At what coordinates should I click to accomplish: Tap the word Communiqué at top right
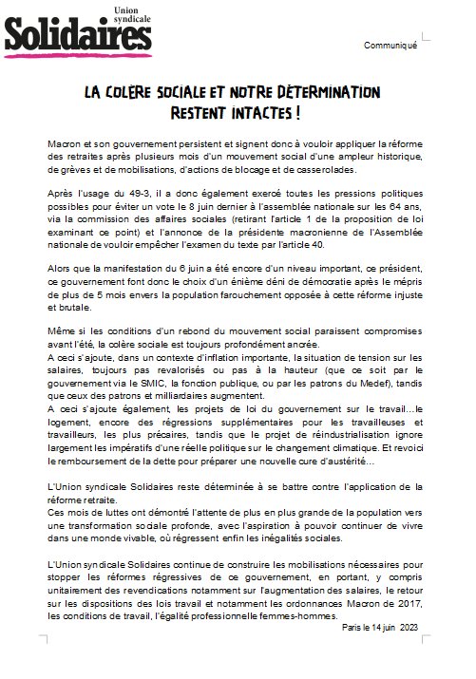coord(390,47)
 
